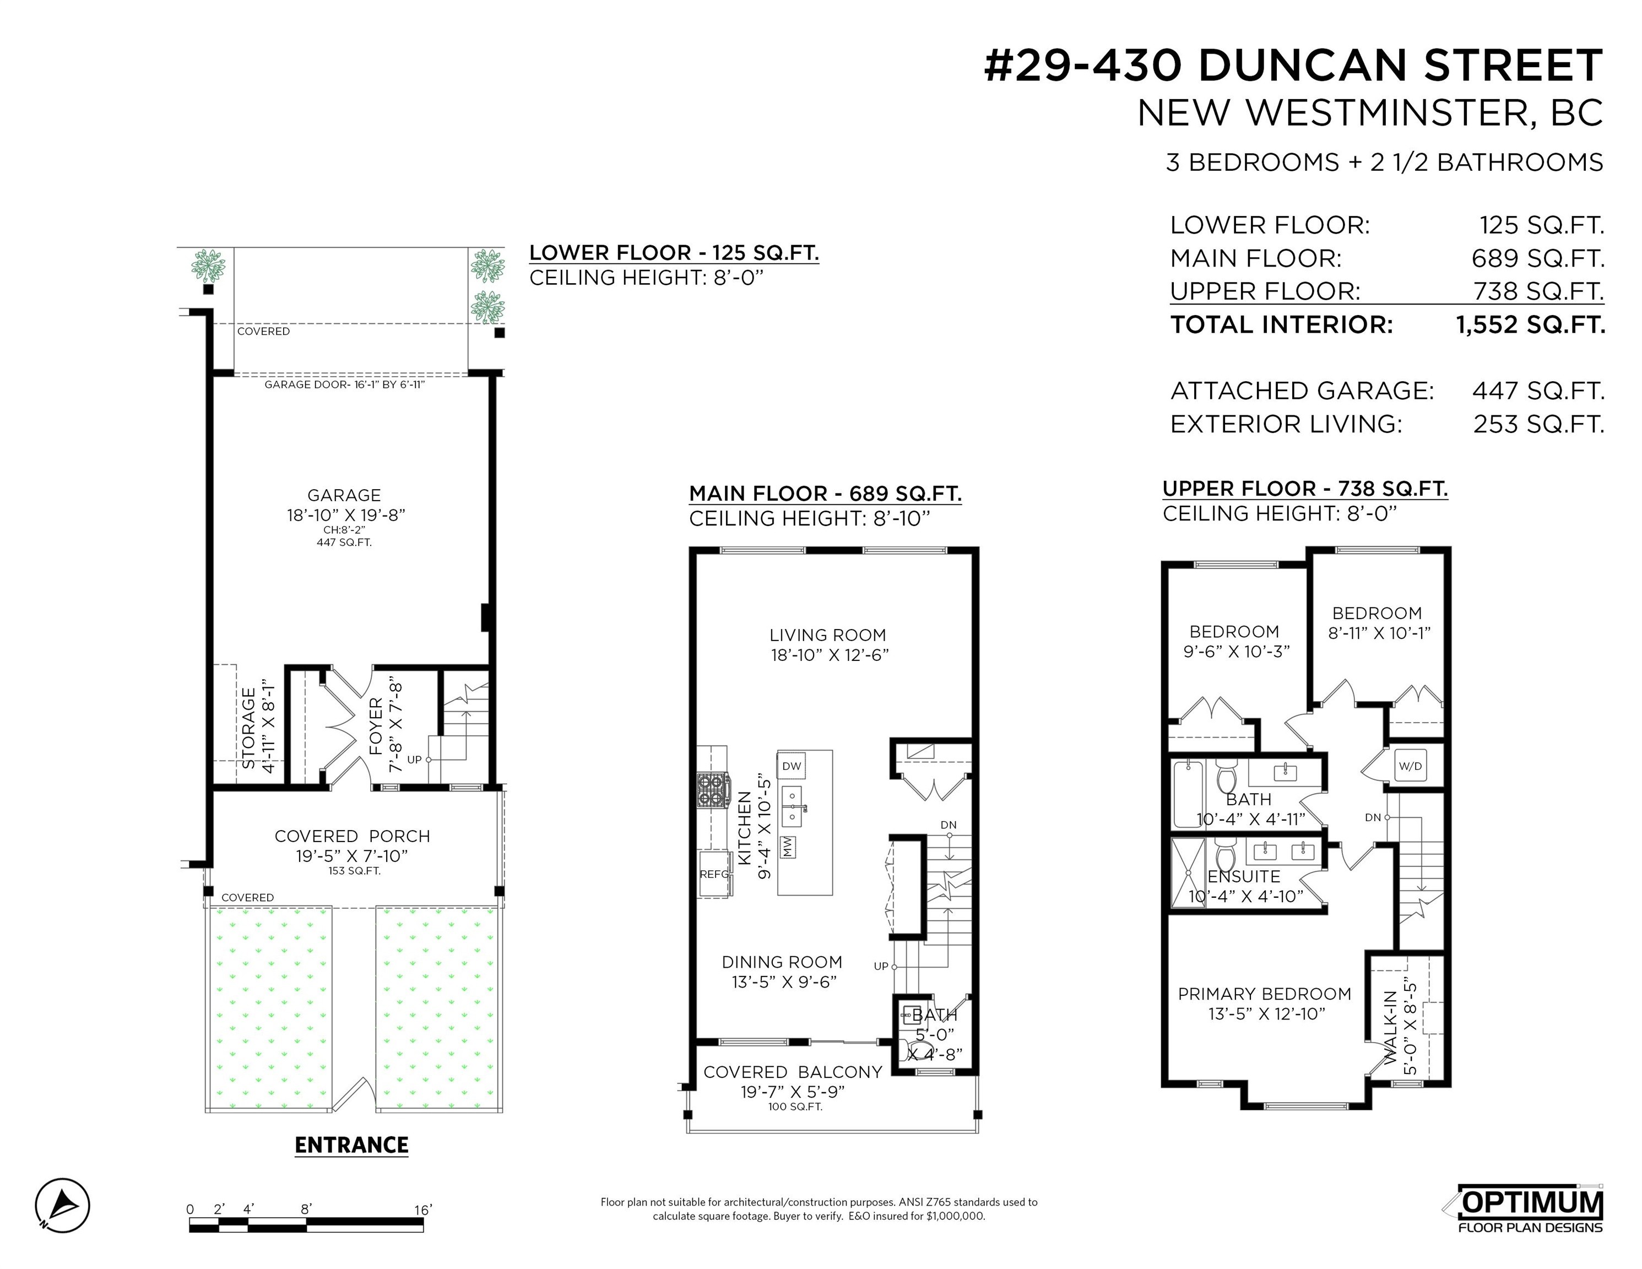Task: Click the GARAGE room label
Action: click(344, 495)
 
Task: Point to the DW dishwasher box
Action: click(792, 766)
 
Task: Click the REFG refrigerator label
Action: click(714, 874)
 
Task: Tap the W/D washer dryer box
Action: click(1410, 766)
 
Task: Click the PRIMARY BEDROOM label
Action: click(1265, 994)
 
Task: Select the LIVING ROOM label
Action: click(828, 635)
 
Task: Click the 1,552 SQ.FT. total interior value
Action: click(1531, 325)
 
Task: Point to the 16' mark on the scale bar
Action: click(423, 1210)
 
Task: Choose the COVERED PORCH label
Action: click(352, 836)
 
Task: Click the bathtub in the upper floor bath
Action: click(1189, 793)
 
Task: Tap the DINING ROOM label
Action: click(782, 962)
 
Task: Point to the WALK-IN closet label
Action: click(1390, 1027)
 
